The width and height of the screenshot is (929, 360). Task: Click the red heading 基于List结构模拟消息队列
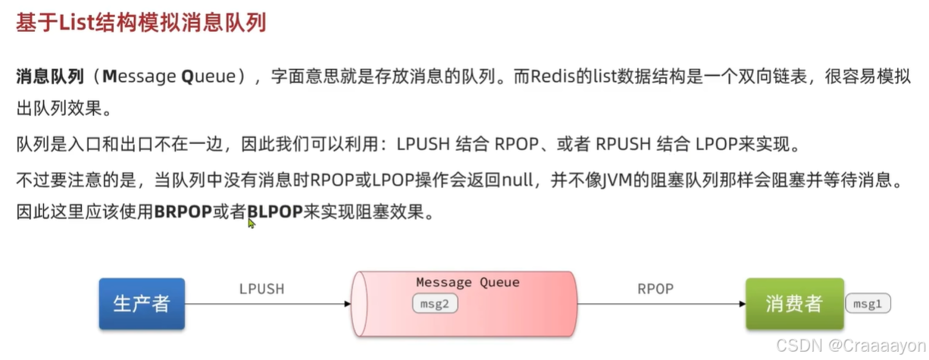coord(141,23)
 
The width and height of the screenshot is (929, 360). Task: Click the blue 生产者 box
coord(142,304)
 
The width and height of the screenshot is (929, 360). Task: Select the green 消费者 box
coord(793,304)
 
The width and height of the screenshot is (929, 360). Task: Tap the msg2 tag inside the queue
coord(436,304)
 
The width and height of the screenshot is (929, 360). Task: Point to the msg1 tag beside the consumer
coord(868,304)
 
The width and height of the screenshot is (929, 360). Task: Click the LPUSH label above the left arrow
coord(261,289)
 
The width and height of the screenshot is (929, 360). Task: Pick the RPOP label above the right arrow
coord(655,289)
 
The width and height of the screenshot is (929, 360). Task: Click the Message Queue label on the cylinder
coord(468,283)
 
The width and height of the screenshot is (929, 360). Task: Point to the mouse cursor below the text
coord(251,223)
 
